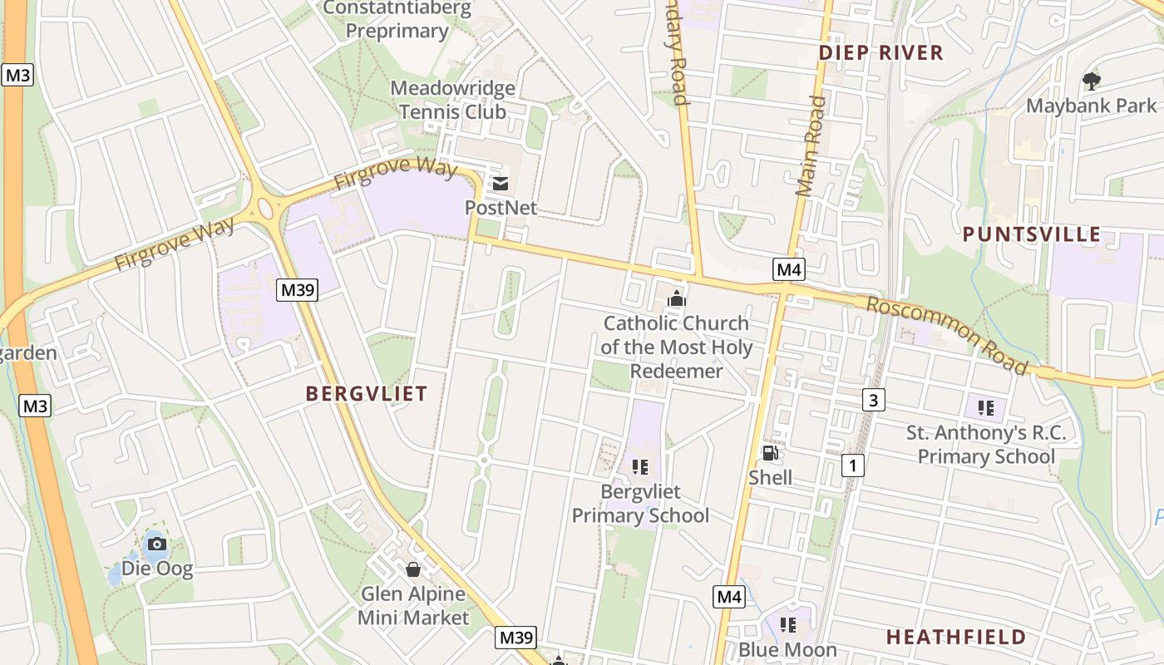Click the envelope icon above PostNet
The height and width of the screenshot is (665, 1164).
tap(501, 184)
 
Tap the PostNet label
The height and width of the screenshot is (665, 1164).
tap(501, 207)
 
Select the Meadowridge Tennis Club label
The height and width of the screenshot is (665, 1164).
tap(452, 100)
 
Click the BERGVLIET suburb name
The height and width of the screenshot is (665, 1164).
tap(367, 394)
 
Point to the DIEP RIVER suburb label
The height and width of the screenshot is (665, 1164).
tap(881, 53)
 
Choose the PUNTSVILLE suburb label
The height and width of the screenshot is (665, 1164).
tap(1032, 234)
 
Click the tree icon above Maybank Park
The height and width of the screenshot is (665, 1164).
tap(1091, 81)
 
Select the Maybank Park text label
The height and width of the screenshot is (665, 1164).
tap(1091, 106)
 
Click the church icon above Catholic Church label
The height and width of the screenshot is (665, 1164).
tap(677, 298)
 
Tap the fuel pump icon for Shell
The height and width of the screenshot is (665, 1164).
tap(771, 453)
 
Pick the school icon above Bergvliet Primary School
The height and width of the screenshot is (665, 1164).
tap(639, 466)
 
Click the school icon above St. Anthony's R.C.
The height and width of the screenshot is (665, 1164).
tap(986, 407)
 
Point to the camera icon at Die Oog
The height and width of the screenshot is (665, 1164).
tap(156, 544)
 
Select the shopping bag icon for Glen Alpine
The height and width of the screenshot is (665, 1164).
tap(412, 569)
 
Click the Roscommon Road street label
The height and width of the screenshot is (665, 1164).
tap(947, 334)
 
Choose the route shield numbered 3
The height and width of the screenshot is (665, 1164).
tap(872, 401)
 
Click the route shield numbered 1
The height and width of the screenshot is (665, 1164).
tap(852, 465)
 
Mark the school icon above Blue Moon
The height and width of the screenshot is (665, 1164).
tap(787, 624)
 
